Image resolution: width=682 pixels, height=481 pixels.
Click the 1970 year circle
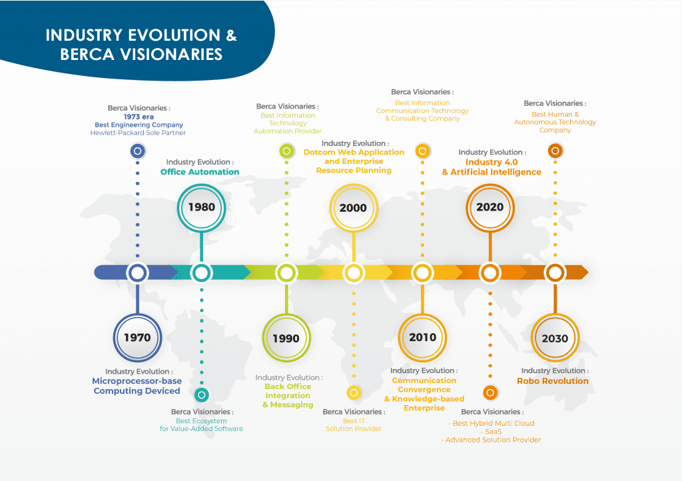(x=137, y=337)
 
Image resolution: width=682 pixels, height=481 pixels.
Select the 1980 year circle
(x=201, y=207)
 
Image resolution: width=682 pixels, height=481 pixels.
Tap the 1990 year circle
(x=286, y=338)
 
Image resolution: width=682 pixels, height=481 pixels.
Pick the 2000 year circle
(x=353, y=207)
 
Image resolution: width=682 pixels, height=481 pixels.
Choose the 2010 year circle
(x=422, y=337)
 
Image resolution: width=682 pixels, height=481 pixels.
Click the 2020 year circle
(x=490, y=207)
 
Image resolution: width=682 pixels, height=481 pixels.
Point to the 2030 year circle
(x=555, y=338)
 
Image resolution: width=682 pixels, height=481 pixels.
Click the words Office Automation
(x=200, y=172)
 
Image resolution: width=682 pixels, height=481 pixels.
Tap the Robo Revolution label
(x=553, y=381)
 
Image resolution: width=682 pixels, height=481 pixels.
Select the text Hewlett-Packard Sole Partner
(x=138, y=133)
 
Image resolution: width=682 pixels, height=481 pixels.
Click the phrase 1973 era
(x=139, y=117)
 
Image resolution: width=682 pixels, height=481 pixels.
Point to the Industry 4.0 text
(x=492, y=162)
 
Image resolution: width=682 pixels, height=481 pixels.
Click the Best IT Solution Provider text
(x=354, y=424)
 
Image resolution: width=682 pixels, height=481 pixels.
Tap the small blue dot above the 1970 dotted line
(x=137, y=151)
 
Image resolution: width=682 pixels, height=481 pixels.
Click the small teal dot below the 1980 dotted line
(x=201, y=394)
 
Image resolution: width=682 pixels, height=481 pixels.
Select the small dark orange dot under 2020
(x=490, y=392)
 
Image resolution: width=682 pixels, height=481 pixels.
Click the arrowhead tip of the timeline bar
(x=585, y=272)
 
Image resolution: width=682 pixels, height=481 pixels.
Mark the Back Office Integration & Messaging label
(x=288, y=396)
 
